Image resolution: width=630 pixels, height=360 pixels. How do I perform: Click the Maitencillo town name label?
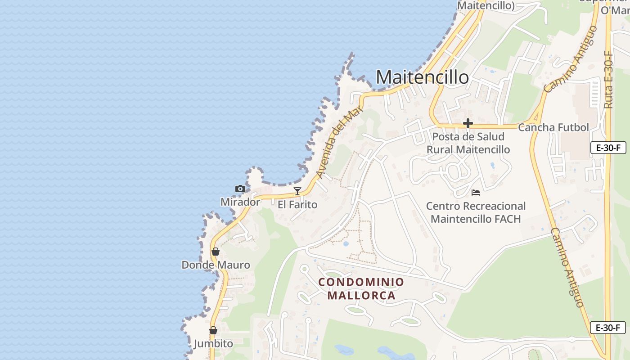[x=422, y=77]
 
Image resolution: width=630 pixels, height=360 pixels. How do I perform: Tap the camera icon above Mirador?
[x=240, y=189]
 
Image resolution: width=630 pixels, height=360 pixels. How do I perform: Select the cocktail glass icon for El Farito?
[x=297, y=191]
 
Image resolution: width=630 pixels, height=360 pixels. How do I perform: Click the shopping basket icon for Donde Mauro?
[x=216, y=252]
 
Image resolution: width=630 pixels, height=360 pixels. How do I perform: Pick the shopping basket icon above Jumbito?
[x=213, y=331]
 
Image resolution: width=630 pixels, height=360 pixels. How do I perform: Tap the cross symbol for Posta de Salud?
[x=468, y=123]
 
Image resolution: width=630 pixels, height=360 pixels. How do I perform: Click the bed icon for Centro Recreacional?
[x=476, y=193]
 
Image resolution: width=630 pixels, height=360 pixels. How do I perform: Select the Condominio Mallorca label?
[x=361, y=288]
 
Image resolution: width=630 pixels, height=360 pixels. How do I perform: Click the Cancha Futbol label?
[x=553, y=127]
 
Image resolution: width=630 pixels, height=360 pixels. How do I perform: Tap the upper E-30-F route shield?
[x=608, y=148]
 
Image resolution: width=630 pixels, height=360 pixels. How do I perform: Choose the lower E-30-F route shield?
[x=608, y=328]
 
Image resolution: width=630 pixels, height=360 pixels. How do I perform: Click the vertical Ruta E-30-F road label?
[x=608, y=80]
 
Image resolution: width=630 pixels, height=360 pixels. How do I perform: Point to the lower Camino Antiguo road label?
[x=568, y=268]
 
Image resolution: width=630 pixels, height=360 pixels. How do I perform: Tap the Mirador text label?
[x=240, y=202]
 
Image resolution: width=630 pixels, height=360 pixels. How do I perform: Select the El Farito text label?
[x=297, y=205]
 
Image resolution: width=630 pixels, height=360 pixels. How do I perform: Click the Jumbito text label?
[x=213, y=344]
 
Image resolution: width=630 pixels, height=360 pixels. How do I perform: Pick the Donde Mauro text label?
[x=216, y=265]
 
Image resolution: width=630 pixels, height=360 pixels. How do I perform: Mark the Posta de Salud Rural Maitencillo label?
[x=468, y=143]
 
